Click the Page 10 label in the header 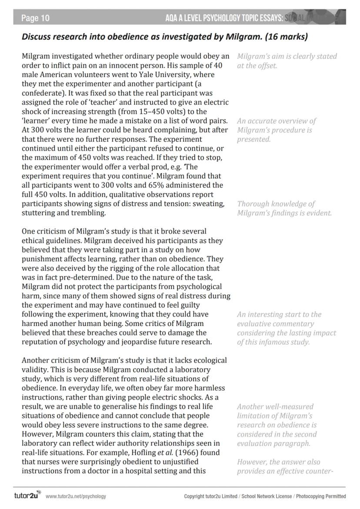tap(35, 18)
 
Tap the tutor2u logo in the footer tap(27, 496)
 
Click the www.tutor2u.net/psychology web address tap(76, 496)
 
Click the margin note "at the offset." tap(257, 66)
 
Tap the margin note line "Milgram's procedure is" tap(274, 130)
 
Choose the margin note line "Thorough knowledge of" tap(276, 203)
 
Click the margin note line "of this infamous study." tap(273, 342)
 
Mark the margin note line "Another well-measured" tap(275, 406)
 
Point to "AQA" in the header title tap(172, 18)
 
